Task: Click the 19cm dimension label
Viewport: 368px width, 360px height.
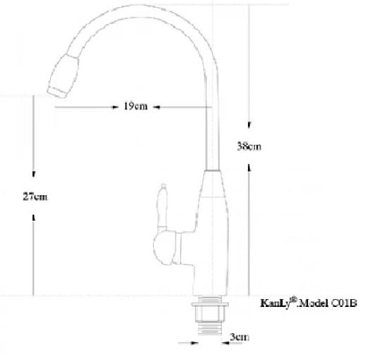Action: tap(135, 107)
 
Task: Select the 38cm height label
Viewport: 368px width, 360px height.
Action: tap(249, 147)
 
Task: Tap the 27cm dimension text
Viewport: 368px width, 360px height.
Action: tap(35, 197)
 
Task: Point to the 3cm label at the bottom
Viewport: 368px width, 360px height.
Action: tap(239, 337)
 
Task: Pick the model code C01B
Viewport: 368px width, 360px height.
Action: tap(345, 303)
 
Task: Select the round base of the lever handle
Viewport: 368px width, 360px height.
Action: tap(168, 248)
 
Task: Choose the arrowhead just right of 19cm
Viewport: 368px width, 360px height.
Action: tap(155, 108)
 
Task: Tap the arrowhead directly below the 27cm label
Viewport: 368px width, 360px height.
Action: tap(34, 216)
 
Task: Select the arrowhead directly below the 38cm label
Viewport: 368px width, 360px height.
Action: tap(249, 167)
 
